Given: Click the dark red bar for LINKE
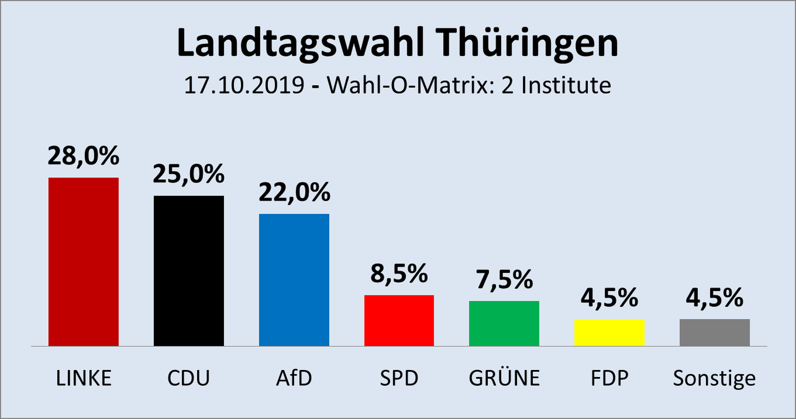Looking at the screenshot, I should (x=83, y=262).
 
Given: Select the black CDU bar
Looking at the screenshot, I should (x=189, y=271).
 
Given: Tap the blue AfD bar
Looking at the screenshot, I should (x=294, y=280).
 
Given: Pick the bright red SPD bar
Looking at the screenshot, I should (x=399, y=320).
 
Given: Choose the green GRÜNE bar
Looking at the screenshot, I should (x=504, y=323).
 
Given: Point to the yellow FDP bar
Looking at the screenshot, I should (x=609, y=332).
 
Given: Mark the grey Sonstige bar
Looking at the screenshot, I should (x=715, y=332).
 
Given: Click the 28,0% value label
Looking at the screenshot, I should (x=83, y=156).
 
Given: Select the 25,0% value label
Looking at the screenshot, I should (x=189, y=174).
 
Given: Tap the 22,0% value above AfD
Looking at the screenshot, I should (x=294, y=193).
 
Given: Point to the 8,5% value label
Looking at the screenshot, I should (x=399, y=274).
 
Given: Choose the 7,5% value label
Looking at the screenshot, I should (x=504, y=280).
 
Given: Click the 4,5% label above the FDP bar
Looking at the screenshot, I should (x=609, y=298).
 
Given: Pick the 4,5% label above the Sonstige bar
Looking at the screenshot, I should (x=715, y=298).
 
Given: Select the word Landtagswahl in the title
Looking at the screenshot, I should (x=301, y=44).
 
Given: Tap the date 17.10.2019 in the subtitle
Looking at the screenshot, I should (x=244, y=85).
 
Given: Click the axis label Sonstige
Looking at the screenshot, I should (x=714, y=378).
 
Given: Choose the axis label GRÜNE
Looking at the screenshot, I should (x=504, y=378).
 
